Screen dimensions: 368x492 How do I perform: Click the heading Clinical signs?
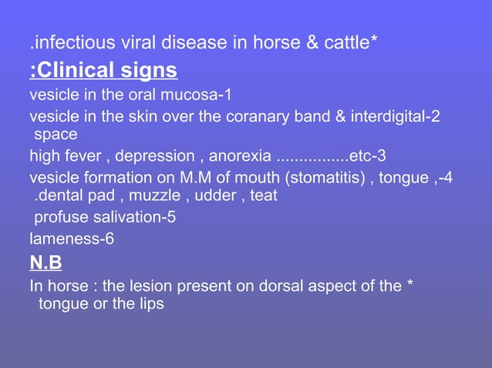[x=104, y=72]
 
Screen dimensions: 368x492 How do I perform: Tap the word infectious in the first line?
[x=70, y=43]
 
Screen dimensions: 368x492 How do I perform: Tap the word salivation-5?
[x=129, y=217]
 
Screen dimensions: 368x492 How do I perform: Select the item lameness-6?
[x=72, y=239]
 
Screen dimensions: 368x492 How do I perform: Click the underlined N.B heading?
[x=45, y=264]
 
